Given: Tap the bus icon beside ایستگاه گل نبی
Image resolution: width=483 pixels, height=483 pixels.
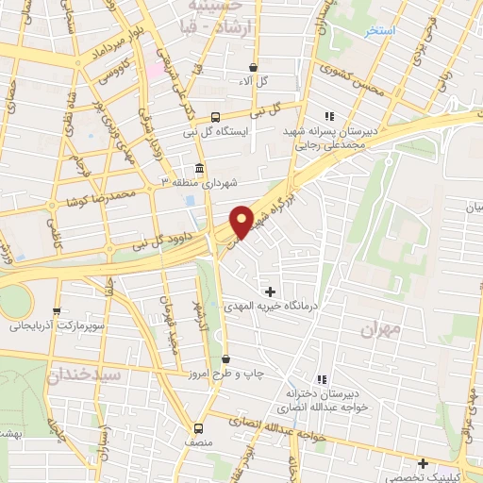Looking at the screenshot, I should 216,118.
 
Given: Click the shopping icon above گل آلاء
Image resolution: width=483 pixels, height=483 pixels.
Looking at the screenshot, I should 254,67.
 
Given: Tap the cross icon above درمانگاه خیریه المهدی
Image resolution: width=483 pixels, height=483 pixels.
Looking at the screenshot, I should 272,291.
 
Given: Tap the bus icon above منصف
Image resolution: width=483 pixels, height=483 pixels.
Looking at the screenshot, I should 198,426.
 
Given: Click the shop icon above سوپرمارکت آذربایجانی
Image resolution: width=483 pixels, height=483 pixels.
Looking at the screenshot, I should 58,311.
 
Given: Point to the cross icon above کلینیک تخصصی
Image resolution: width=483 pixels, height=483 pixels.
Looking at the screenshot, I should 424,463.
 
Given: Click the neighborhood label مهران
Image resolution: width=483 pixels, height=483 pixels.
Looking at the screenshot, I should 380,330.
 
